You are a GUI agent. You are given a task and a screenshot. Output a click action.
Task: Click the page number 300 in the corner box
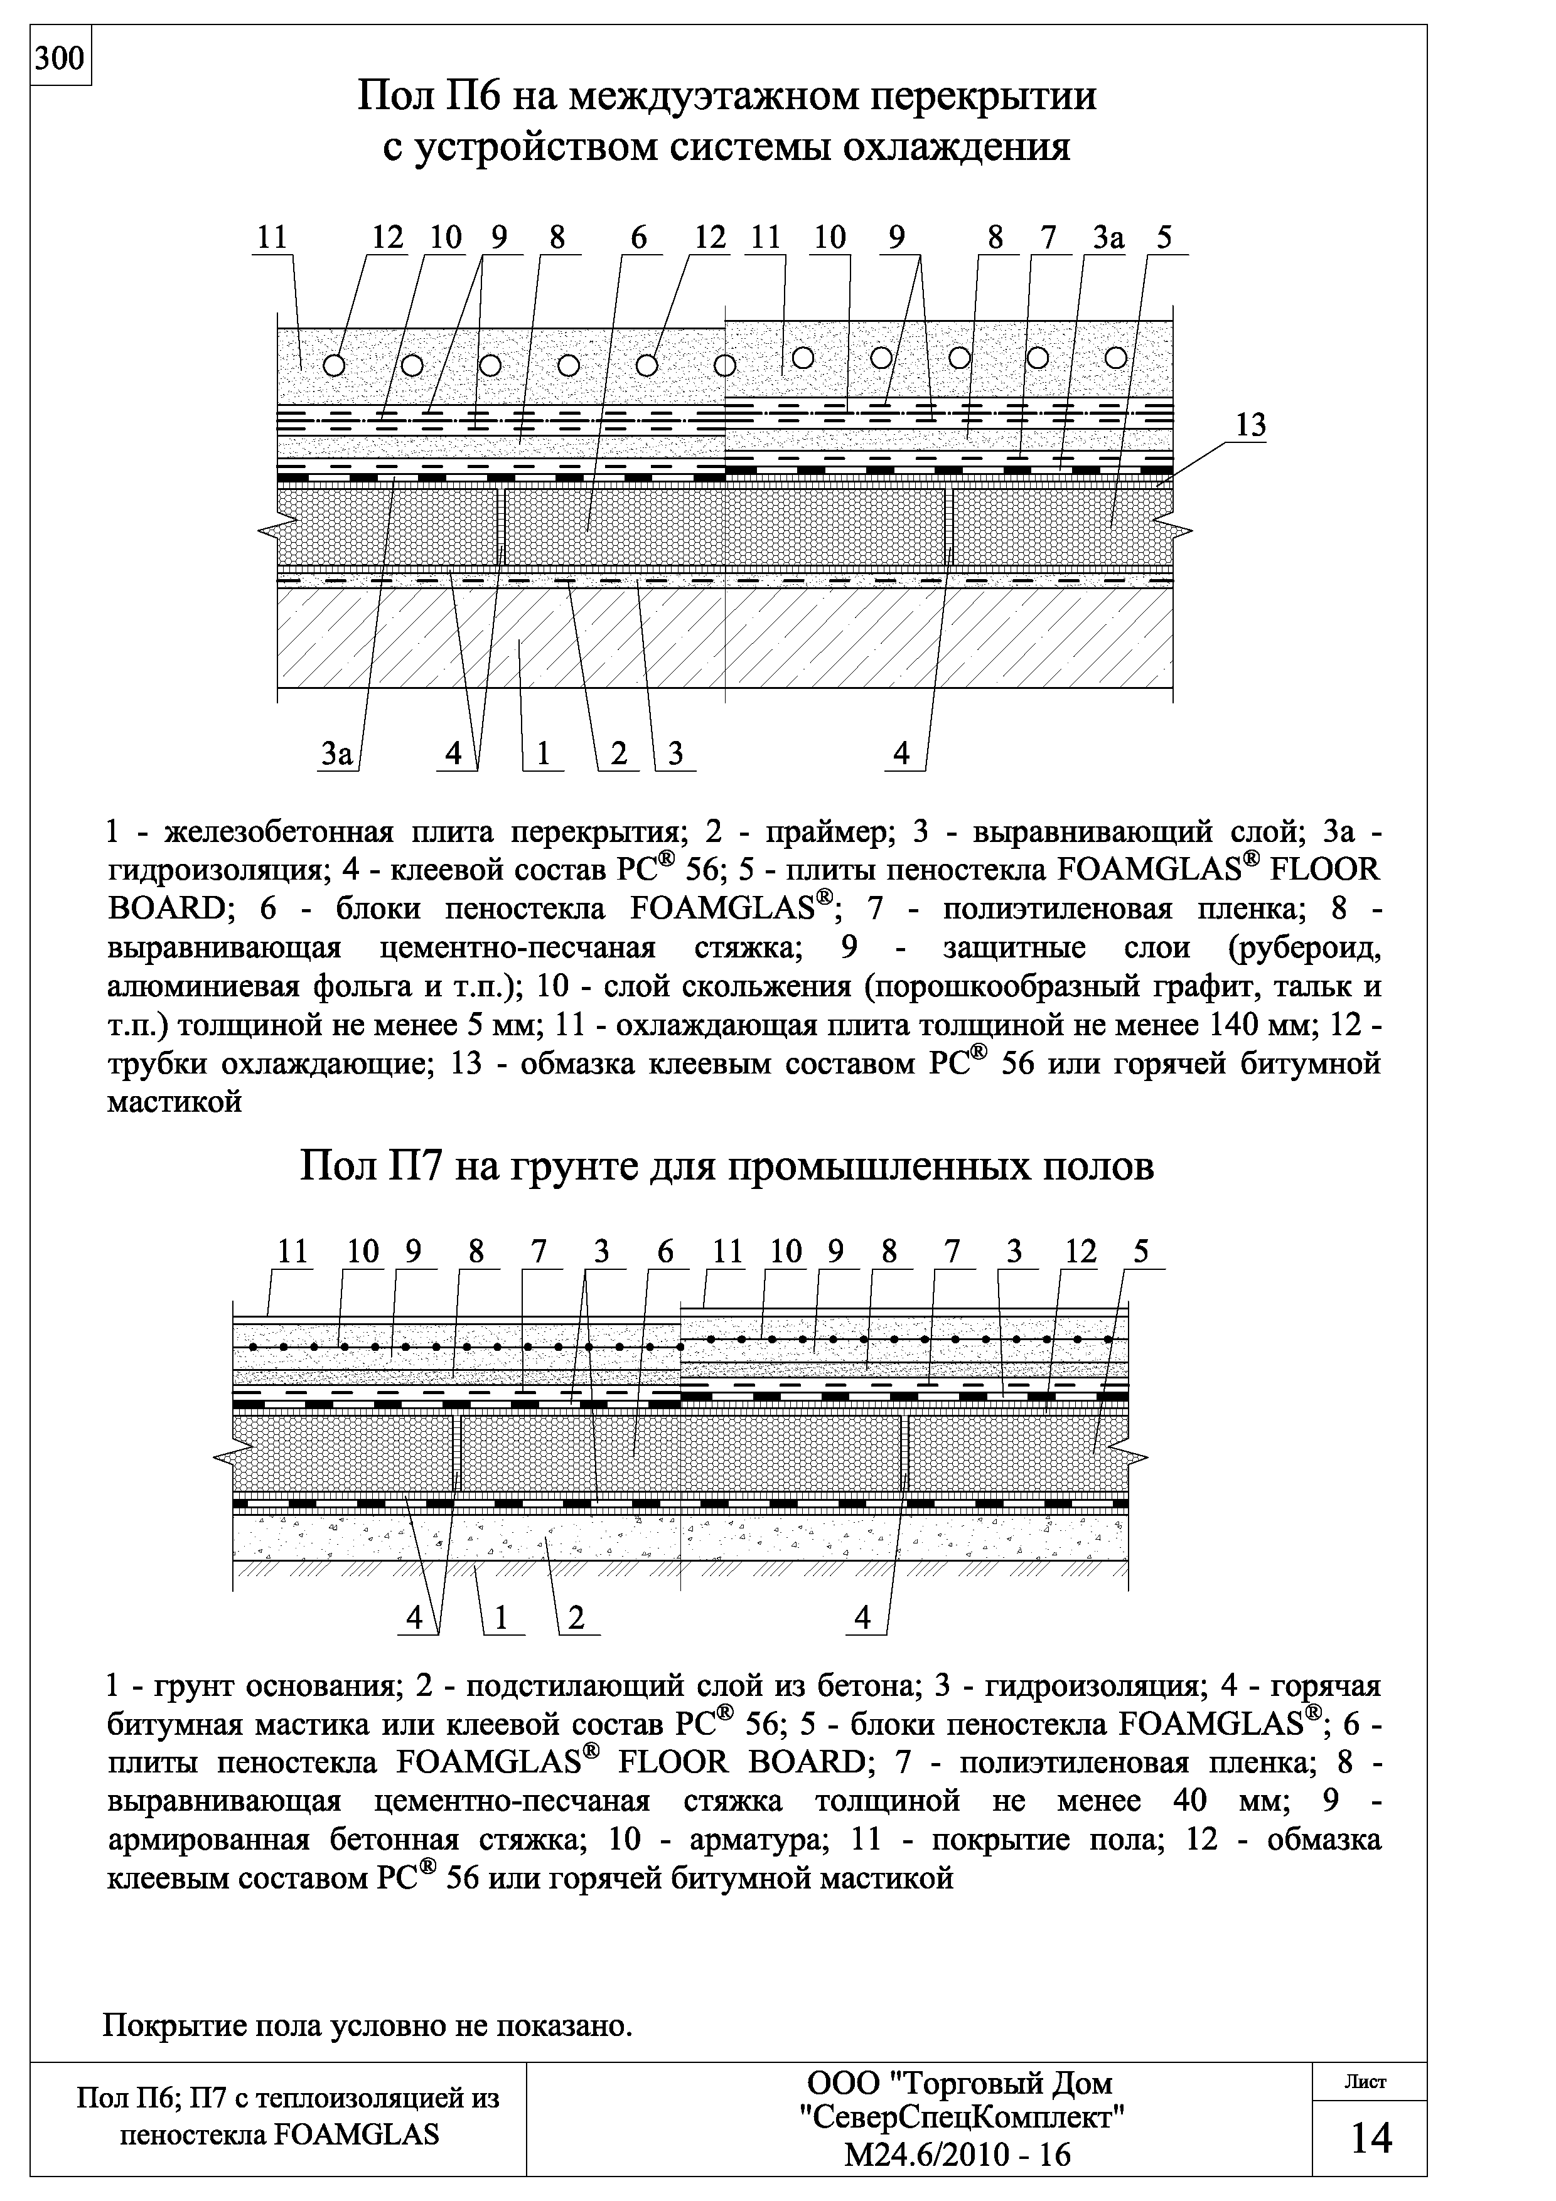click(x=60, y=60)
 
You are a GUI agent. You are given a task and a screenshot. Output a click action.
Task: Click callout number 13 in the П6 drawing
click(x=1250, y=425)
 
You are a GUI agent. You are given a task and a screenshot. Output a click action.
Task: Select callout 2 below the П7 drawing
click(x=576, y=1618)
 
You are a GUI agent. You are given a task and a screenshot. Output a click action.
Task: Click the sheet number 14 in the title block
click(x=1370, y=2138)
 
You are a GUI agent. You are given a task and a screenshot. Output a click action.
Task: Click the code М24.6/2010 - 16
click(x=957, y=2155)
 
